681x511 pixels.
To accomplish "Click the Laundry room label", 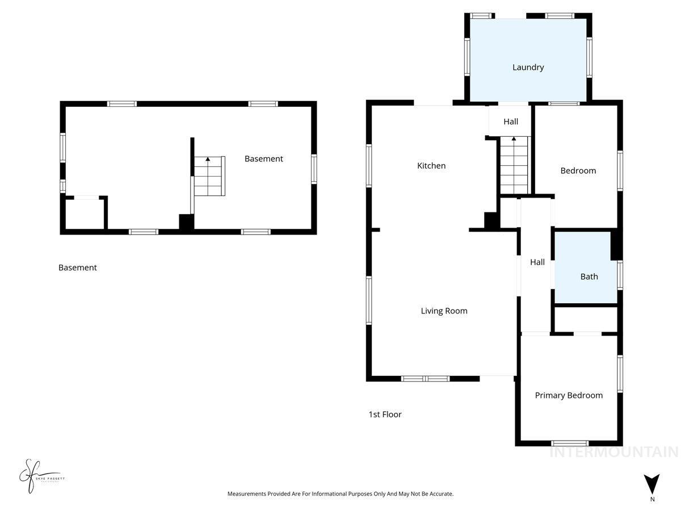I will pyautogui.click(x=528, y=67).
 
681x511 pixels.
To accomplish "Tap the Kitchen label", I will pyautogui.click(x=431, y=166).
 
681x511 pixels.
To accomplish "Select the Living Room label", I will pyautogui.click(x=444, y=311).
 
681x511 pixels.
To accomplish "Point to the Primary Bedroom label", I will pyautogui.click(x=569, y=395).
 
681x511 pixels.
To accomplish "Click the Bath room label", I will pyautogui.click(x=588, y=277).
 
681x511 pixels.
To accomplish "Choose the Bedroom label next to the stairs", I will pyautogui.click(x=578, y=170).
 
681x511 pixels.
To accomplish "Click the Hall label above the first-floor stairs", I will pyautogui.click(x=511, y=122).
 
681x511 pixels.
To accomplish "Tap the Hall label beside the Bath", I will pyautogui.click(x=537, y=262).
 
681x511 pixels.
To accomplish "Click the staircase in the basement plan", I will pyautogui.click(x=208, y=176).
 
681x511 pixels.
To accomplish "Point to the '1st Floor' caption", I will pyautogui.click(x=385, y=414).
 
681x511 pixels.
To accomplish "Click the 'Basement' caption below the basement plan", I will pyautogui.click(x=77, y=267).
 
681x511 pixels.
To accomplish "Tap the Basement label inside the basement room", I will pyautogui.click(x=263, y=159).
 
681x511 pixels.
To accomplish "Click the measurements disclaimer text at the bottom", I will pyautogui.click(x=340, y=494).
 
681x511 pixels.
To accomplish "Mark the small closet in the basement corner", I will pyautogui.click(x=85, y=213).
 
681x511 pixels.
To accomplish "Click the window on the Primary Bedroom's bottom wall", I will pyautogui.click(x=570, y=443).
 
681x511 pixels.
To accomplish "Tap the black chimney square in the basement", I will pyautogui.click(x=186, y=221).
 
